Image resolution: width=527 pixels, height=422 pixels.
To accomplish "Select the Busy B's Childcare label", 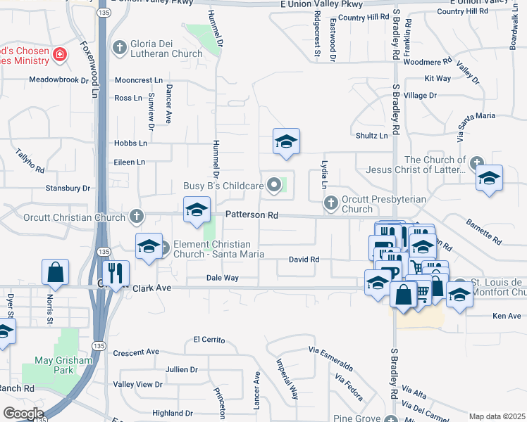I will [223, 186].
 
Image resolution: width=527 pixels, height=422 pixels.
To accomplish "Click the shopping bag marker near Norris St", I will [55, 272].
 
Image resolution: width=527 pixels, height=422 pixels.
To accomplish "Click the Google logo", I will [23, 413].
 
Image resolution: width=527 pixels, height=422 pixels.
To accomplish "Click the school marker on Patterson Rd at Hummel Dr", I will [197, 210].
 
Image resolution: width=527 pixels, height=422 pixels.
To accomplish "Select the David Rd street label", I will [304, 260].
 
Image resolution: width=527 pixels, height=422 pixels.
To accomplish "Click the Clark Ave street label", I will [153, 288].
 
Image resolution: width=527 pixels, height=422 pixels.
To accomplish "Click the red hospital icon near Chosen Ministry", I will [61, 53].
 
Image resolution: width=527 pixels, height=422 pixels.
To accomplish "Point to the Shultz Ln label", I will [372, 136].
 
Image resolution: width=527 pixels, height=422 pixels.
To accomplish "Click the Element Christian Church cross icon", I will [165, 247].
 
